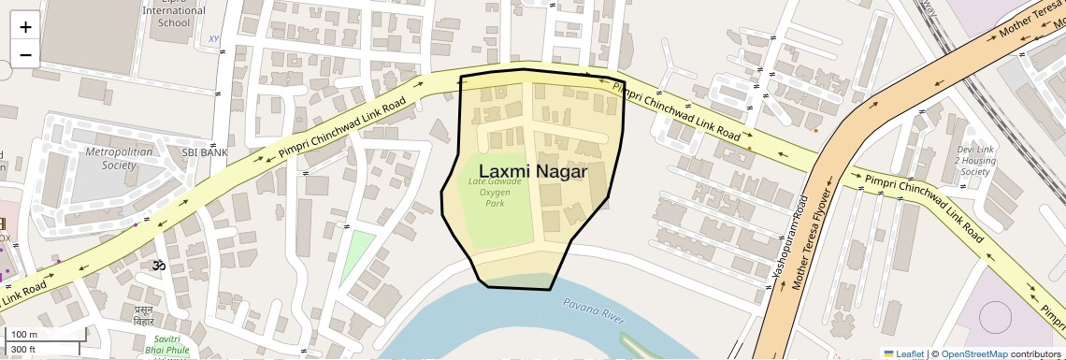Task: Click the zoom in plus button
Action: (25, 27)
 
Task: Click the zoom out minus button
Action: (25, 55)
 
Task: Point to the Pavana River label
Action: (593, 310)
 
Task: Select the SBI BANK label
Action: (205, 151)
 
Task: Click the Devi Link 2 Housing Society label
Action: (974, 160)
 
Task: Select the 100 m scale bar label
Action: (23, 335)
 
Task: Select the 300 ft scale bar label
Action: (23, 350)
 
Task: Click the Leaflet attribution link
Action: (903, 353)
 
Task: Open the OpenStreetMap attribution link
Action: (973, 353)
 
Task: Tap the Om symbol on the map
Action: (158, 266)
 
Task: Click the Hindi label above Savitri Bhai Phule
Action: (144, 314)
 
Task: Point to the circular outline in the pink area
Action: (994, 318)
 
